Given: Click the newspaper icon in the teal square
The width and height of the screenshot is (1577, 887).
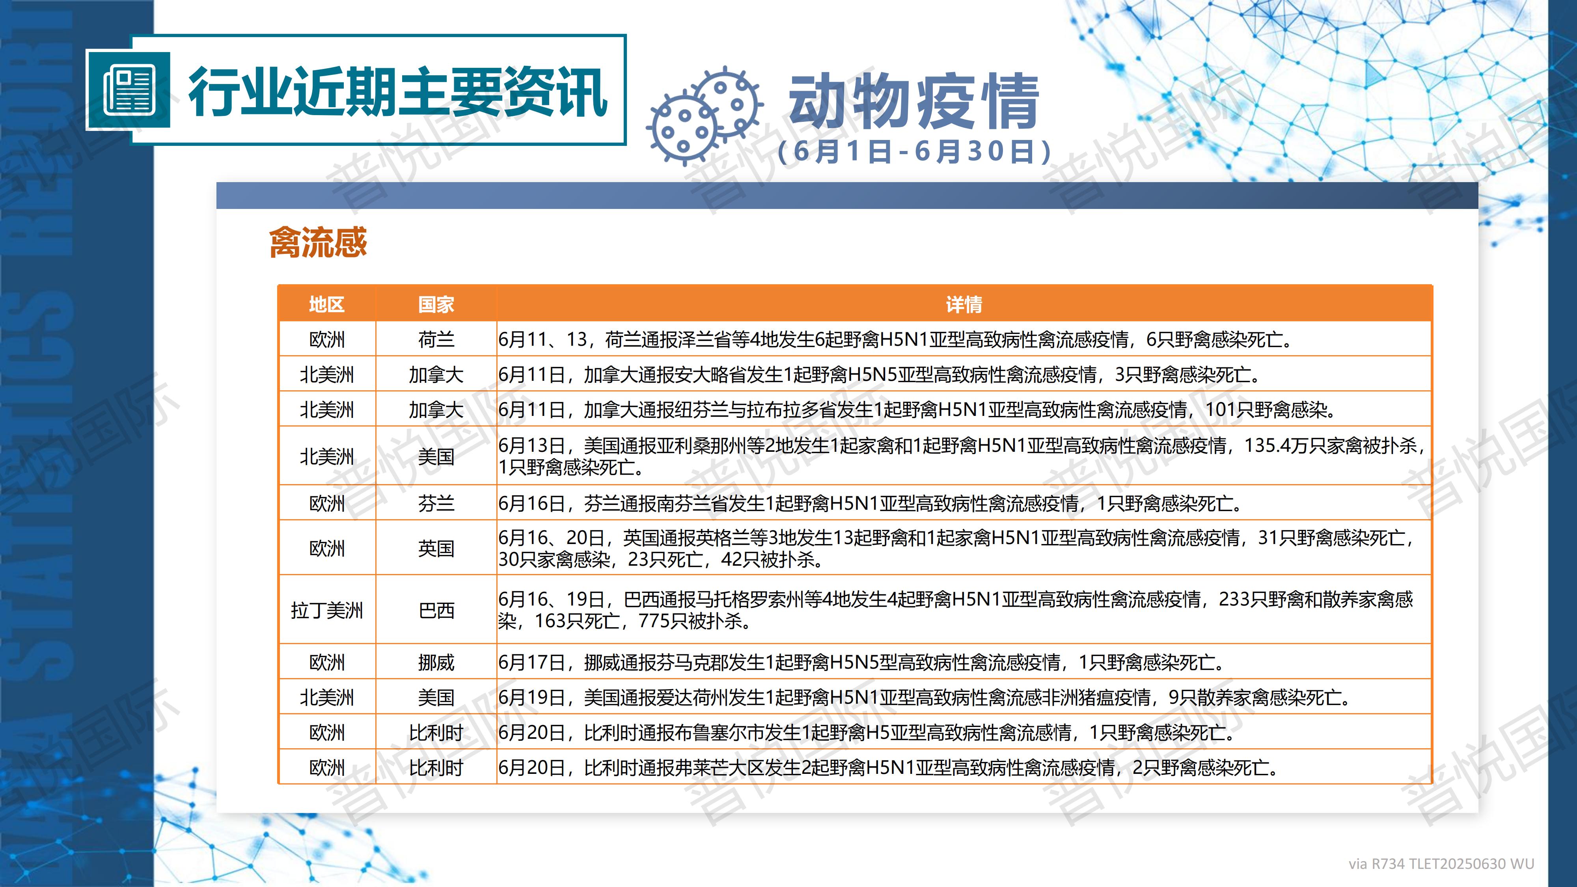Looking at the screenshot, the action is coord(128,91).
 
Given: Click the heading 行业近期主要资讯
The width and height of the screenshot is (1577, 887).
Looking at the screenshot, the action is coord(397,92).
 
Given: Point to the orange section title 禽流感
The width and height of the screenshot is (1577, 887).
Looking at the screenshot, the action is coord(318,242).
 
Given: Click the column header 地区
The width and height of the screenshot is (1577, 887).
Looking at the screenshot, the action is coord(326,304).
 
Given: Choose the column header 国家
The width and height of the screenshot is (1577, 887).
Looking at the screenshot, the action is coord(436,304).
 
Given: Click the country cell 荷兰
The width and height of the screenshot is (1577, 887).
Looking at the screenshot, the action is coord(436,339).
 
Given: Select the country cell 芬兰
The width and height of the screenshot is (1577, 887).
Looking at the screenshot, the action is coord(436,503).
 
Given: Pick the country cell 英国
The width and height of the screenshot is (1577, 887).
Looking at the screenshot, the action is coord(436,548).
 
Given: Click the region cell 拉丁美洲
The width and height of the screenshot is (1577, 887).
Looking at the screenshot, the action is coord(326,610).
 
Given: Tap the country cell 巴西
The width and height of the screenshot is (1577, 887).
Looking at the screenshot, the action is coord(436,610).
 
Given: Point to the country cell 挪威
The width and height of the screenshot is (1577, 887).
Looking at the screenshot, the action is coord(436,662).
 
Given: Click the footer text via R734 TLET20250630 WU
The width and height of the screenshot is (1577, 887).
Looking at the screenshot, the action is coord(1441,864).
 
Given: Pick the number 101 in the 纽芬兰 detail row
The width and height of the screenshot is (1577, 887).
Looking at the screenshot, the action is coord(1221,410).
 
